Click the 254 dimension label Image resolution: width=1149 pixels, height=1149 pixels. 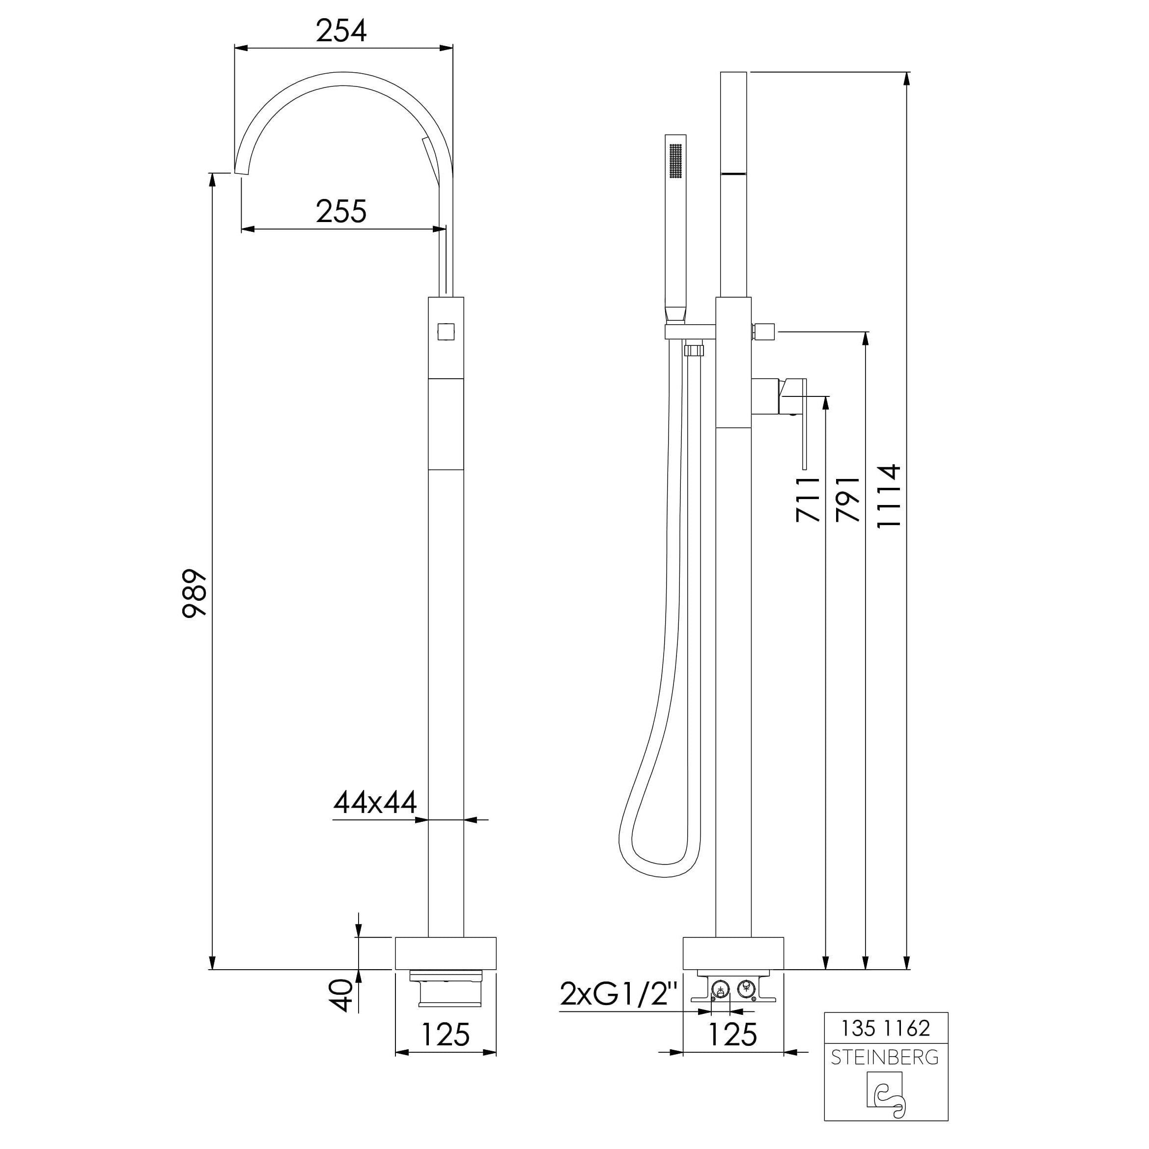[x=341, y=31]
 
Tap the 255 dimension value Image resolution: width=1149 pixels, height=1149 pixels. [x=341, y=211]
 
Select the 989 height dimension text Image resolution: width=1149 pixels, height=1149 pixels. [x=195, y=594]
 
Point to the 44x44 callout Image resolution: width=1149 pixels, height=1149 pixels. [x=375, y=802]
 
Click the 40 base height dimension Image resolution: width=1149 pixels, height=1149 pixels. [x=341, y=996]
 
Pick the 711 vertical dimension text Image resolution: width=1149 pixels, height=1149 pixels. [x=808, y=499]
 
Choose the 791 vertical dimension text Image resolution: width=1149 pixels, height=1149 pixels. [x=847, y=499]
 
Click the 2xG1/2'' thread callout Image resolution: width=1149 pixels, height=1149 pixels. [x=619, y=994]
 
